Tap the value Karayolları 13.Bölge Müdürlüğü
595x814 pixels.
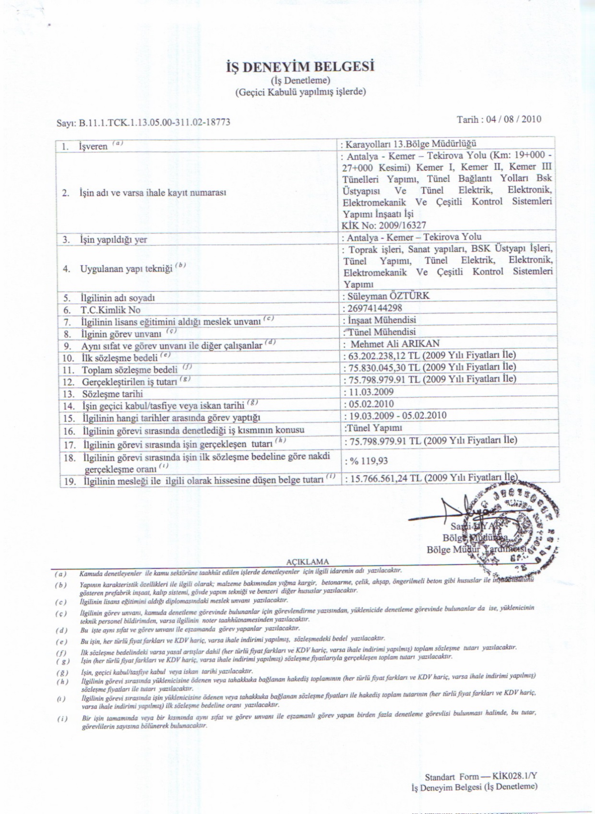pos(411,144)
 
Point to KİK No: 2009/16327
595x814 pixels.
pos(384,225)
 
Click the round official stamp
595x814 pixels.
pos(513,528)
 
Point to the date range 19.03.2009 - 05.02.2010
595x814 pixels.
pos(396,415)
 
